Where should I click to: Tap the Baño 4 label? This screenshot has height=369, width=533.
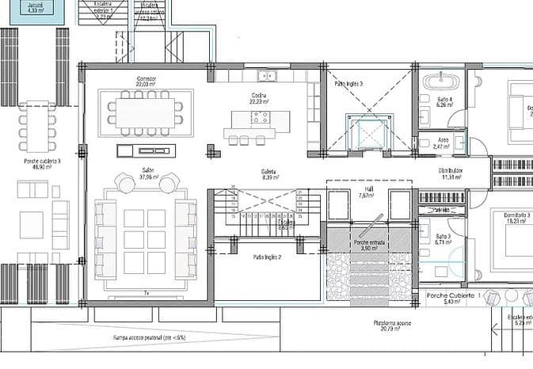444,101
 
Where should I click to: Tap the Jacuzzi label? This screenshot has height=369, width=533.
35,6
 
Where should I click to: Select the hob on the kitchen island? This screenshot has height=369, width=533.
259,119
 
